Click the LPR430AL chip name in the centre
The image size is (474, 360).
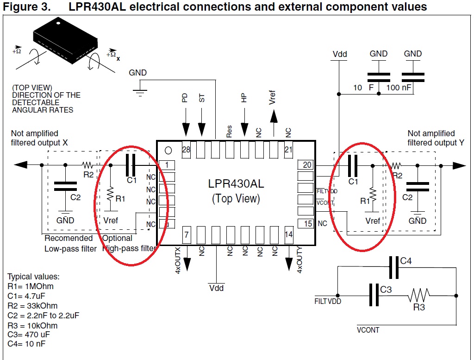pos(236,183)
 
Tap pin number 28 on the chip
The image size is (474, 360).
pos(186,150)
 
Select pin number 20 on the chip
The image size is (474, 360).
pos(307,164)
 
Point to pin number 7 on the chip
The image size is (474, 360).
pos(186,234)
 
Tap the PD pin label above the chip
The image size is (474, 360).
pos(185,98)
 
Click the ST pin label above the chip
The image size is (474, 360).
pos(201,98)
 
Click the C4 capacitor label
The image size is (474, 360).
pos(406,261)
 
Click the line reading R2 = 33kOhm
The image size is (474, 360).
pos(32,306)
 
